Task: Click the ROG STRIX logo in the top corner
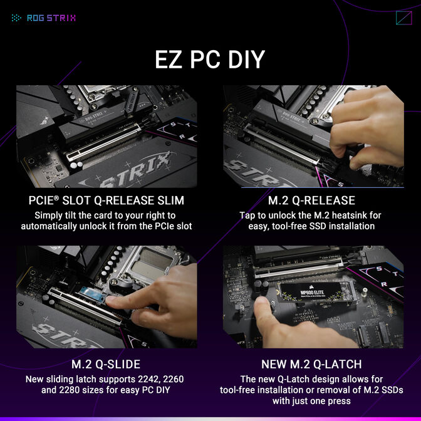point(44,18)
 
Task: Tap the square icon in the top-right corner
point(403,18)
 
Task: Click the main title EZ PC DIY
point(210,60)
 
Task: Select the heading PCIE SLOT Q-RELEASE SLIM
point(107,201)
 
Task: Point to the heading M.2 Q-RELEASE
point(311,201)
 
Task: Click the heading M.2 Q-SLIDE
point(107,365)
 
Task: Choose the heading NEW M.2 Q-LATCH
point(311,365)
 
